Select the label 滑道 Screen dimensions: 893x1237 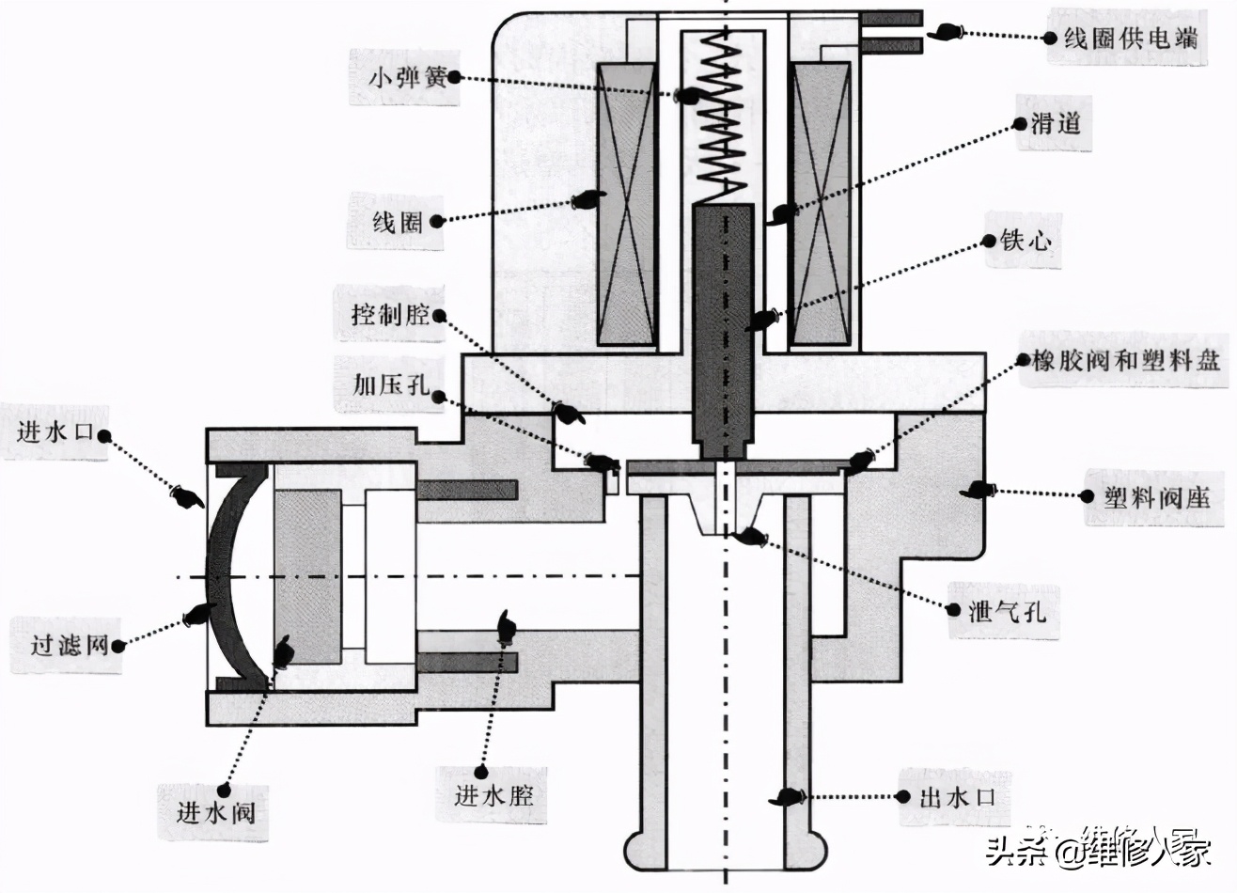tap(1055, 124)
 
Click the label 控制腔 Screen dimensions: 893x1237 tap(389, 313)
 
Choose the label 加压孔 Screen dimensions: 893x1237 tap(391, 384)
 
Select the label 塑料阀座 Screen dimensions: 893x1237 tap(1157, 497)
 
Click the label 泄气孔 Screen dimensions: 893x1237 tap(1007, 612)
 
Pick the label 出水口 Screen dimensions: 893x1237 tap(956, 798)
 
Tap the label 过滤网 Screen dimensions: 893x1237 tap(70, 645)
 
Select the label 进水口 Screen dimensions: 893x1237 tap(56, 433)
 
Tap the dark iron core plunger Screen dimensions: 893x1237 tap(723, 320)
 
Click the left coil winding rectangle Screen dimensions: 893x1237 tap(626, 204)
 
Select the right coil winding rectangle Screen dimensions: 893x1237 tap(821, 204)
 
